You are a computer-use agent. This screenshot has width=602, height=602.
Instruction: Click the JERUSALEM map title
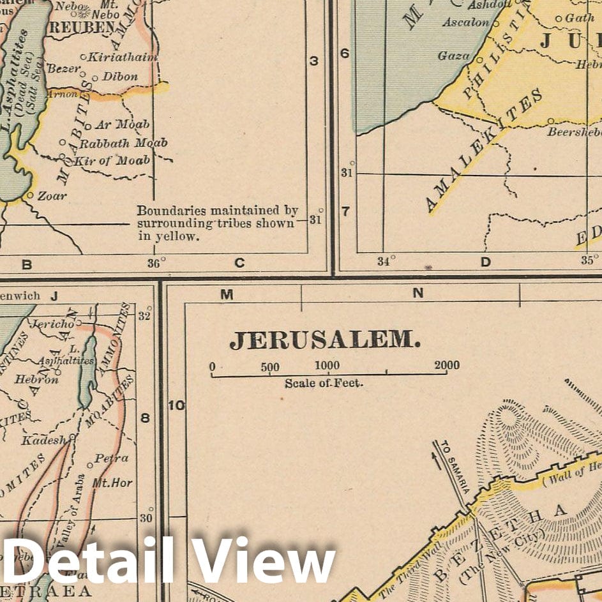(325, 340)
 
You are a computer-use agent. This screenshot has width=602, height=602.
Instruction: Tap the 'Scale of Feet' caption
(324, 383)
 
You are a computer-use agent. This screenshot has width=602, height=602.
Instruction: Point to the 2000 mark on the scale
(447, 366)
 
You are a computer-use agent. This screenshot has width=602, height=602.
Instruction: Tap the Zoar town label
(52, 196)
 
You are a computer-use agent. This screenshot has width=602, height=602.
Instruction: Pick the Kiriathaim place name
(123, 57)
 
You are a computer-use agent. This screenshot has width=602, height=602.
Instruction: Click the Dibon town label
(120, 77)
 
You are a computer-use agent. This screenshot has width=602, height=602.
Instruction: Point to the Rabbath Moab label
(123, 143)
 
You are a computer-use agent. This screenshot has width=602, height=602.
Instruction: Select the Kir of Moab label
(112, 160)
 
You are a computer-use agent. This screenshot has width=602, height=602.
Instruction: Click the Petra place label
(111, 458)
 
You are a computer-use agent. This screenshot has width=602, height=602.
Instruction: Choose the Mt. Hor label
(112, 483)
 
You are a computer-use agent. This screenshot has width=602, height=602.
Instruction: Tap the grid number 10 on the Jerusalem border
(176, 405)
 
